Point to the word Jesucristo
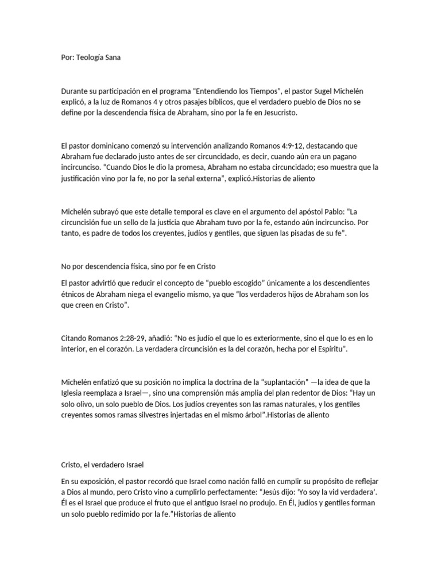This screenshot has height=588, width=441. pos(277,114)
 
